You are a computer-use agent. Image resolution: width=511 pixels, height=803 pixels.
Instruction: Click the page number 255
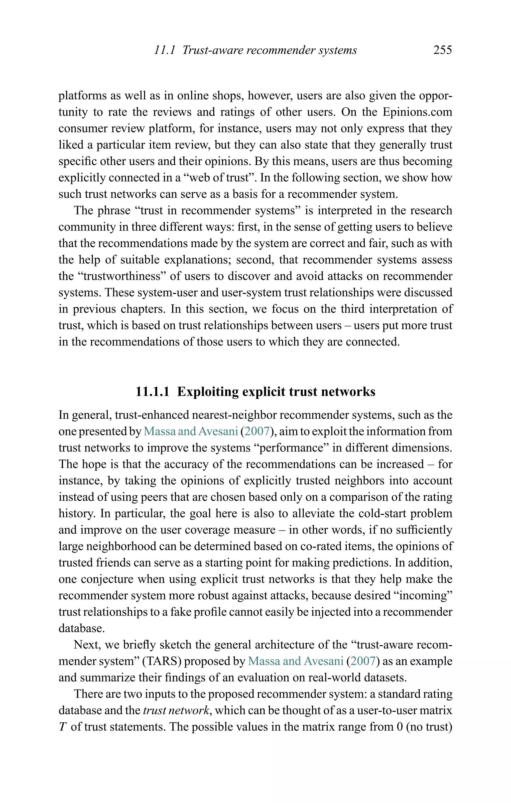click(x=442, y=50)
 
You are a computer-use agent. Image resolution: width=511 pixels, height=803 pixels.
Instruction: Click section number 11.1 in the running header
click(x=164, y=50)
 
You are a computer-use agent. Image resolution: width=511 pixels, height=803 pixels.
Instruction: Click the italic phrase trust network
click(x=176, y=710)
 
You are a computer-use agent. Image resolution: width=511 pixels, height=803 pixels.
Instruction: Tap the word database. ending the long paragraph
click(x=82, y=628)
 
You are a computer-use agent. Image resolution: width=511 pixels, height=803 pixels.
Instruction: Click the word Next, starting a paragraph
click(x=87, y=645)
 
